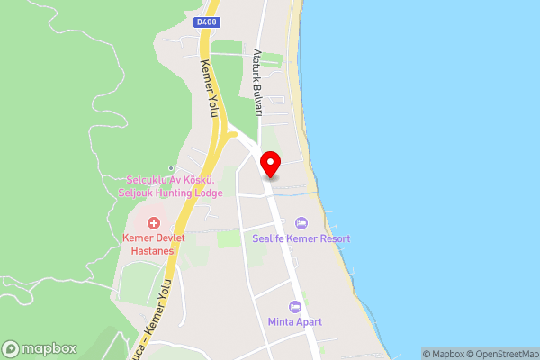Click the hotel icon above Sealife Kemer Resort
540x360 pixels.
coord(301,222)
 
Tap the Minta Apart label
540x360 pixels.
coord(294,322)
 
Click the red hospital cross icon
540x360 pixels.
coord(154,222)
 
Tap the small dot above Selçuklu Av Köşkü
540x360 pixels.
coord(171,168)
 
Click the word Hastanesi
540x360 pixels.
coord(154,251)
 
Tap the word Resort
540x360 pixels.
coord(332,238)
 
